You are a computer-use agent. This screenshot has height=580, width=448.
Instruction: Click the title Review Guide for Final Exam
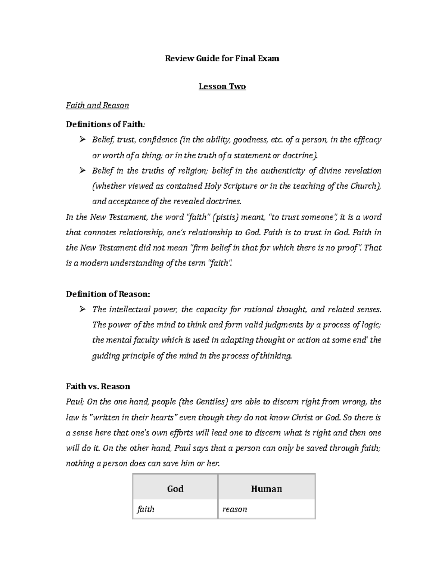222,59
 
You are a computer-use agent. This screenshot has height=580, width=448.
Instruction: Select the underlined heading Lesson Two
222,87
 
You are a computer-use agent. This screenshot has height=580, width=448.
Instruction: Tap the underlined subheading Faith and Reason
97,106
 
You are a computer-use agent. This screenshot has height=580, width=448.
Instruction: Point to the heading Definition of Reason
108,294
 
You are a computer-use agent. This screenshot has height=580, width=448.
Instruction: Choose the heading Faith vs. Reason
98,386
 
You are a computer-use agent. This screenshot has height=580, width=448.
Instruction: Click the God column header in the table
175,489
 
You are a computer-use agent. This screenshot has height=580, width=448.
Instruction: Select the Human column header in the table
266,489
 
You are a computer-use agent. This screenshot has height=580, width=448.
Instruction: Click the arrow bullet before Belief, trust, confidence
82,140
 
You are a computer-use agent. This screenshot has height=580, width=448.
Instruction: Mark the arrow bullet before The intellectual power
82,309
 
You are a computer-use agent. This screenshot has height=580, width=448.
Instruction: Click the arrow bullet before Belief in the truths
82,171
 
